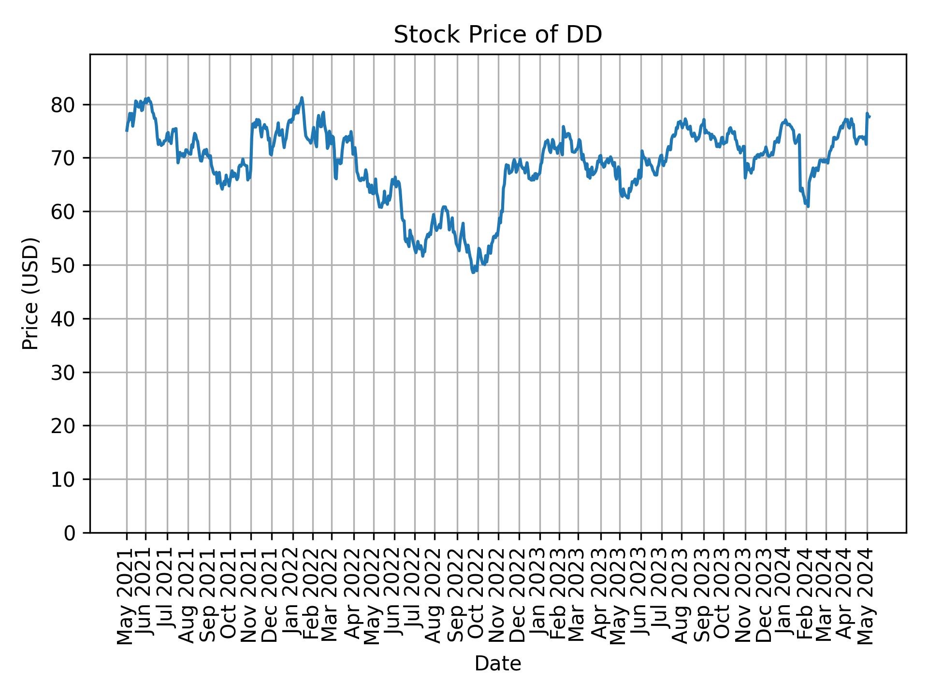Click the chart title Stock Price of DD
coord(498,35)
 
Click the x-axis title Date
coord(498,664)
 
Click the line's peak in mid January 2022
coord(302,98)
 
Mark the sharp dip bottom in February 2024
coord(808,206)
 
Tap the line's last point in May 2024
coord(870,116)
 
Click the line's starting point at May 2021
coord(127,131)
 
